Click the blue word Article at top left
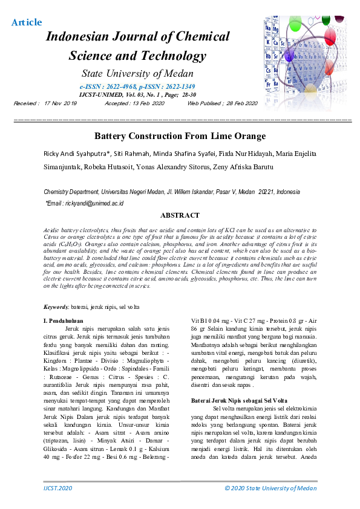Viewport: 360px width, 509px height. [27, 22]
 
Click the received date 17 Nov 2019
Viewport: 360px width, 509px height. [61, 103]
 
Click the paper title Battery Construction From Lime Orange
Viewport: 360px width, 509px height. [180, 136]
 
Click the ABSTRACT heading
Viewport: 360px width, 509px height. [180, 215]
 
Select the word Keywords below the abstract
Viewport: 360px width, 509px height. [59, 308]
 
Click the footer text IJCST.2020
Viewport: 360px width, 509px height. [58, 488]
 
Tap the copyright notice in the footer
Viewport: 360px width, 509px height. [270, 488]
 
